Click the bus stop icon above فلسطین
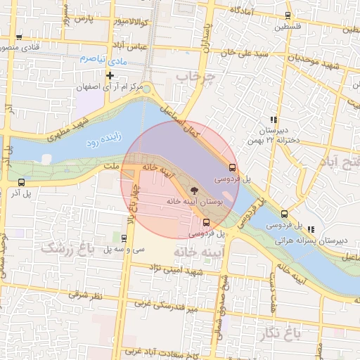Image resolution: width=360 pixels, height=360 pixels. pos(288,15)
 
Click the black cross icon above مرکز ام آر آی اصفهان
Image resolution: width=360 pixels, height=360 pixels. pos(110,75)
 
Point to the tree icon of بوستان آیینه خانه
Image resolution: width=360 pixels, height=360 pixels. pos(194,190)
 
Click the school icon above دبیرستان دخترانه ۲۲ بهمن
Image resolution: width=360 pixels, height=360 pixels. pos(273,120)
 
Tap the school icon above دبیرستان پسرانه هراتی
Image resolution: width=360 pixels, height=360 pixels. pos(311,229)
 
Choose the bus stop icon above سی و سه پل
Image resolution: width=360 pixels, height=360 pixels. pos(124,238)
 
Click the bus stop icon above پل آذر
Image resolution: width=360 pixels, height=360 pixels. pos(22,182)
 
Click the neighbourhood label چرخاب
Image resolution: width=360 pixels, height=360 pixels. pos(194,75)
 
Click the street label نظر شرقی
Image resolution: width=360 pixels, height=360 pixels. pos(88,296)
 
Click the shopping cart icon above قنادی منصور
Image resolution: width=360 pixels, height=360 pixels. pos(19,37)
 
